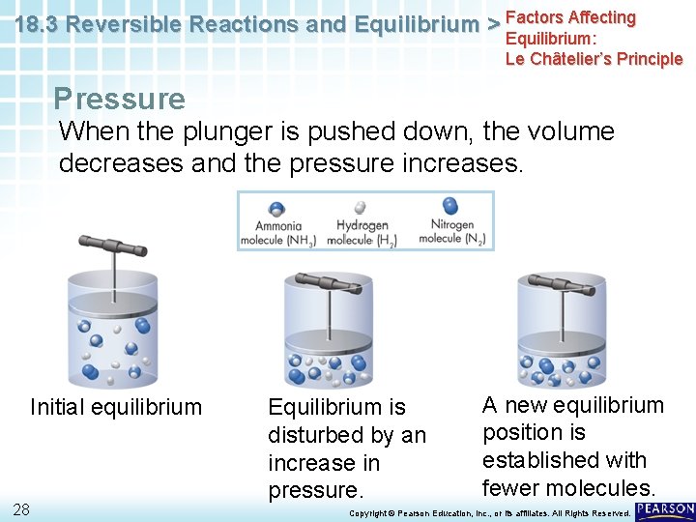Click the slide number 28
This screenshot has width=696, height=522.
point(21,509)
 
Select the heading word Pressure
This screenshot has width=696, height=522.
point(119,99)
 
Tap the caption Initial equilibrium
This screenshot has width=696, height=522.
point(116,407)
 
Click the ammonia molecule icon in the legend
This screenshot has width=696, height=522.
point(276,209)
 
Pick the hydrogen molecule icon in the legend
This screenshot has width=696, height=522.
point(360,207)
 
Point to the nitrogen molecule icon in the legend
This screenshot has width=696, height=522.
point(449,205)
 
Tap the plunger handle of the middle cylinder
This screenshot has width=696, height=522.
point(327,282)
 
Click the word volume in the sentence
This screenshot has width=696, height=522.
point(565,130)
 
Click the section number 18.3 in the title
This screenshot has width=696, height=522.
point(38,25)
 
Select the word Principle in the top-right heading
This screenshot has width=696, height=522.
point(643,59)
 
